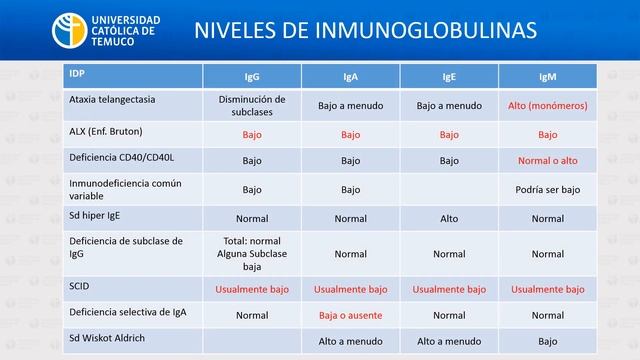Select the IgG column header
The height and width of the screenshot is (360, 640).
click(x=252, y=77)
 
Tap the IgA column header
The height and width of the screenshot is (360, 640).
click(x=350, y=77)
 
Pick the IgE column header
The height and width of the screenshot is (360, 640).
click(x=448, y=77)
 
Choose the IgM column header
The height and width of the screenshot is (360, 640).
click(x=547, y=77)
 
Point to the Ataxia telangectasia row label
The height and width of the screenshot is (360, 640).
click(x=115, y=100)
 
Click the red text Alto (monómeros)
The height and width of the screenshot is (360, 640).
click(x=547, y=105)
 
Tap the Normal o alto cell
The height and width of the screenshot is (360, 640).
click(x=547, y=160)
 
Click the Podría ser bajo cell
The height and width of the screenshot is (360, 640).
click(x=547, y=189)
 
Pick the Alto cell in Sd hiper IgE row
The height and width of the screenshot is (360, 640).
click(x=448, y=218)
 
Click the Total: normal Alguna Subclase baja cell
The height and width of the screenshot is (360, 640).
click(x=252, y=254)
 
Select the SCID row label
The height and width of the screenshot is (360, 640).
click(x=81, y=285)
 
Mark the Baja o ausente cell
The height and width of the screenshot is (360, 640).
click(x=350, y=314)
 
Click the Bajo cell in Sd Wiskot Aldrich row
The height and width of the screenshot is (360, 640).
click(x=547, y=340)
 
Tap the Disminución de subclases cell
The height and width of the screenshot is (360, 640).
click(x=252, y=105)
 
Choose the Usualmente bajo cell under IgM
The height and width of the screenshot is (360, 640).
click(x=547, y=289)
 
